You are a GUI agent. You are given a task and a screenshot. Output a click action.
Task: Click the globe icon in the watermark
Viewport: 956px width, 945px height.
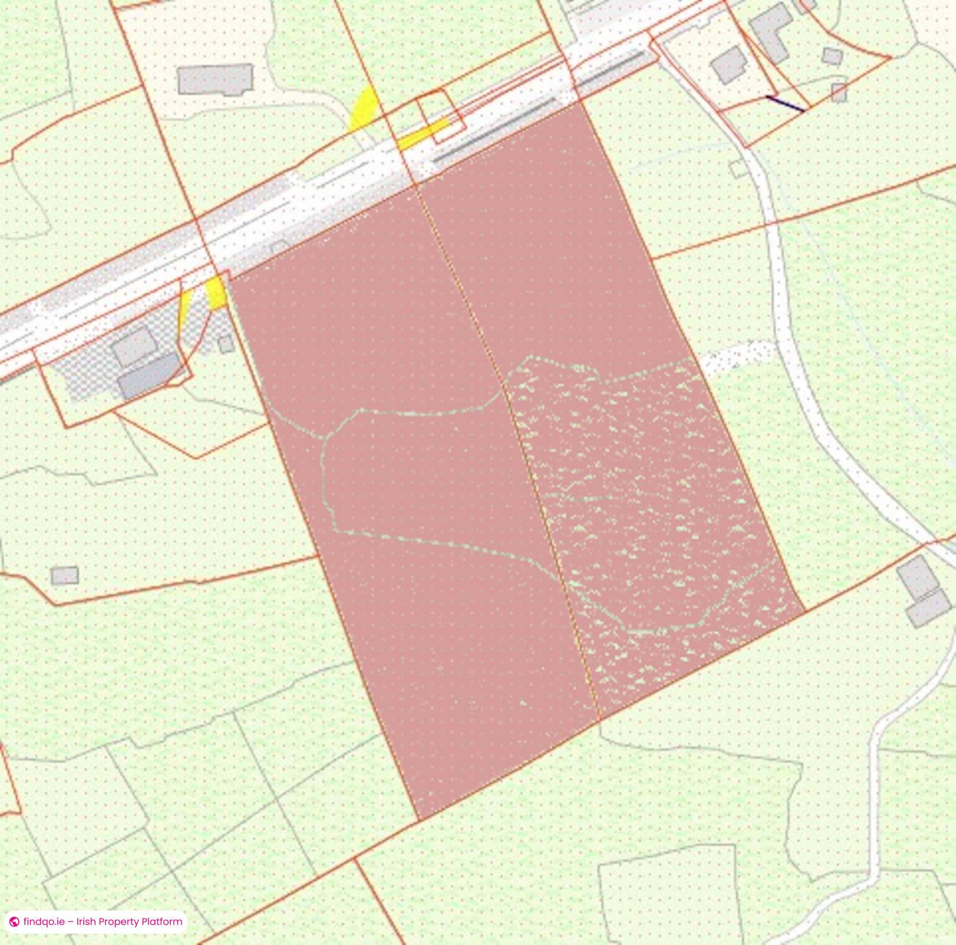click(14, 922)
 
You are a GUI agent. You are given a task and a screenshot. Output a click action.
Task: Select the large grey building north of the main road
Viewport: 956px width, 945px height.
click(215, 79)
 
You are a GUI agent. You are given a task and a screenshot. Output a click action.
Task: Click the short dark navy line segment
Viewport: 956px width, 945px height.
click(785, 104)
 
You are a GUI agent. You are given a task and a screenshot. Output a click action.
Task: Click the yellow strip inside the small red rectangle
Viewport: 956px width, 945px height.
click(423, 134)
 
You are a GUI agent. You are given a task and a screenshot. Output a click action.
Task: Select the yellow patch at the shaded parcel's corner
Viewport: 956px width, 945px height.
click(217, 293)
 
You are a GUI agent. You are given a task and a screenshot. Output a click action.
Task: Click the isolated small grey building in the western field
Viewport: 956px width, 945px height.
click(65, 575)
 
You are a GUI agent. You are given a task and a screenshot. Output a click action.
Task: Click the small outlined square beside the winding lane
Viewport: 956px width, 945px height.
click(738, 169)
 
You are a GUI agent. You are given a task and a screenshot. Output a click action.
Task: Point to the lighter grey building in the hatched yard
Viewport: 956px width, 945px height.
click(133, 345)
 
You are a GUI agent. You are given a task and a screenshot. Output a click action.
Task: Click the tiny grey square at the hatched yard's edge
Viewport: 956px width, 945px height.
click(227, 344)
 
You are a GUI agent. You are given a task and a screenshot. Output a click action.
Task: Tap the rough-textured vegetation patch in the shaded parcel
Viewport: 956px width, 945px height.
click(647, 498)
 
